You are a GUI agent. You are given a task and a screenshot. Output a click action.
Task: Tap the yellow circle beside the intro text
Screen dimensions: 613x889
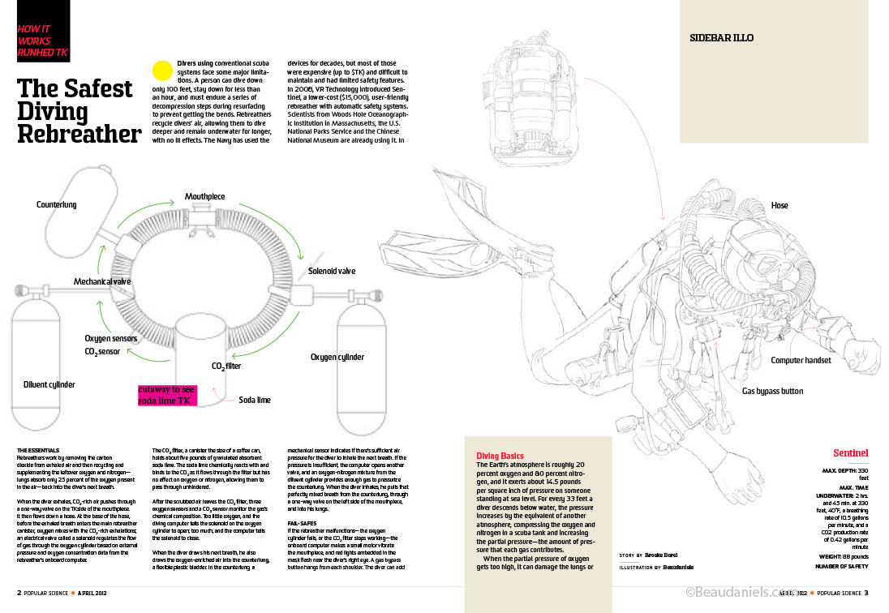[162, 70]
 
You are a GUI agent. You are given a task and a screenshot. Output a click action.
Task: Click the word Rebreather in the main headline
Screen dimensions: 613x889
[79, 133]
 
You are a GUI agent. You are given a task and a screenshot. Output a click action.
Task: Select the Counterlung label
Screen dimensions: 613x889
[56, 205]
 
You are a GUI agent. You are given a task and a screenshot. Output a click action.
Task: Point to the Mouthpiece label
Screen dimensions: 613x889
[204, 197]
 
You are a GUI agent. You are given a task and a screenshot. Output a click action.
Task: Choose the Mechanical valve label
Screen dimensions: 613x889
[102, 281]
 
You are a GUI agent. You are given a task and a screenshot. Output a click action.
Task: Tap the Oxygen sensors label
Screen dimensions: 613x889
[110, 338]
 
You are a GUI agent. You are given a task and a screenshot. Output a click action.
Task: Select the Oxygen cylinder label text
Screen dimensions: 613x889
[337, 357]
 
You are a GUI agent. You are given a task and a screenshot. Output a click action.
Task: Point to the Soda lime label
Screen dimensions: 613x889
[255, 400]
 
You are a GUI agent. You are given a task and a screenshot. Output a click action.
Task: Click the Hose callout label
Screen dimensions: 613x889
[779, 206]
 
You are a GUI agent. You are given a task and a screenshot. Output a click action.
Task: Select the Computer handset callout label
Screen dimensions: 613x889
[801, 360]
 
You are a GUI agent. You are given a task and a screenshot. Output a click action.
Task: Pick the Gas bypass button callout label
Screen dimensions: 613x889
[772, 391]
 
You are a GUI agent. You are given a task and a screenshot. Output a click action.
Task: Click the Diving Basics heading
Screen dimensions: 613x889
[500, 457]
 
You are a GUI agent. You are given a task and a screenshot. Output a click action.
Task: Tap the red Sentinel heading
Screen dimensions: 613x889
[851, 452]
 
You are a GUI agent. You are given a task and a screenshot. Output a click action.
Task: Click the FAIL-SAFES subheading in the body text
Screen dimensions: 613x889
[303, 524]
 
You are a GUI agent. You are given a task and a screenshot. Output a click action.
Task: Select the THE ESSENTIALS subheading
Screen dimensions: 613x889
[37, 449]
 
